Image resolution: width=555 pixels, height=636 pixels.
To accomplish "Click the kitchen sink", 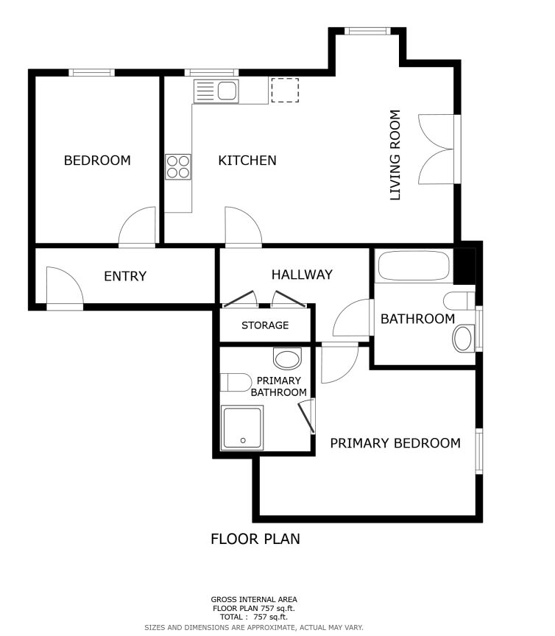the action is click(x=216, y=91).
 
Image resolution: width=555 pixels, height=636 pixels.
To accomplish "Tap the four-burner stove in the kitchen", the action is click(x=178, y=166).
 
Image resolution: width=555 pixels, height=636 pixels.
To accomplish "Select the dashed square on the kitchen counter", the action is click(x=285, y=90).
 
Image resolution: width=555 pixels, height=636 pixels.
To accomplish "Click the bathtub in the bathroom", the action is click(x=414, y=266).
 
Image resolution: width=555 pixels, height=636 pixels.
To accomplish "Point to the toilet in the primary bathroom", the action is click(x=236, y=383).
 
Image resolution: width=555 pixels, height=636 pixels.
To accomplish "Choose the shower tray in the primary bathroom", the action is click(x=241, y=428).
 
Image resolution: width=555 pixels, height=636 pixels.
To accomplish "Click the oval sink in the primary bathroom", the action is click(x=288, y=358).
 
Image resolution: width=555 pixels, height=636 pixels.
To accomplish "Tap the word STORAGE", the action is click(x=265, y=325).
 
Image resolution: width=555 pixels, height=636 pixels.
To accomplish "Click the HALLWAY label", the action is click(x=302, y=275).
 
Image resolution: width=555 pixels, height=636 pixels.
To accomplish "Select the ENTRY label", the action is click(x=125, y=276).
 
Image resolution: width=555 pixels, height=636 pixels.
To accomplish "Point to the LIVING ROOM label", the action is click(x=395, y=155).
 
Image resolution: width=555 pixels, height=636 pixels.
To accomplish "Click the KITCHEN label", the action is click(x=247, y=160).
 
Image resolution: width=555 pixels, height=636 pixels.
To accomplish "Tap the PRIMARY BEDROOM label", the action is click(x=395, y=443).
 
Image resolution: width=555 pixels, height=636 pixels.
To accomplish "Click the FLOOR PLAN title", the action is click(x=255, y=539).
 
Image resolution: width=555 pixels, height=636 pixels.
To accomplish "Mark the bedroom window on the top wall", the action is click(x=92, y=73).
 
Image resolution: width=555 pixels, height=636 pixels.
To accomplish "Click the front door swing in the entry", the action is click(x=65, y=286).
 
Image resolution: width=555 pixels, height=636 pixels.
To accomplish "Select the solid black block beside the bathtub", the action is click(x=464, y=266).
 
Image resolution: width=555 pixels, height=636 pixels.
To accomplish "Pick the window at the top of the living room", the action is click(x=367, y=31).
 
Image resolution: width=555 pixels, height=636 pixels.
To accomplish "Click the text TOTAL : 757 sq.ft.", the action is click(x=253, y=617).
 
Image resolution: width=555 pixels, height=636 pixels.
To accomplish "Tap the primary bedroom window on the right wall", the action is click(x=479, y=451).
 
